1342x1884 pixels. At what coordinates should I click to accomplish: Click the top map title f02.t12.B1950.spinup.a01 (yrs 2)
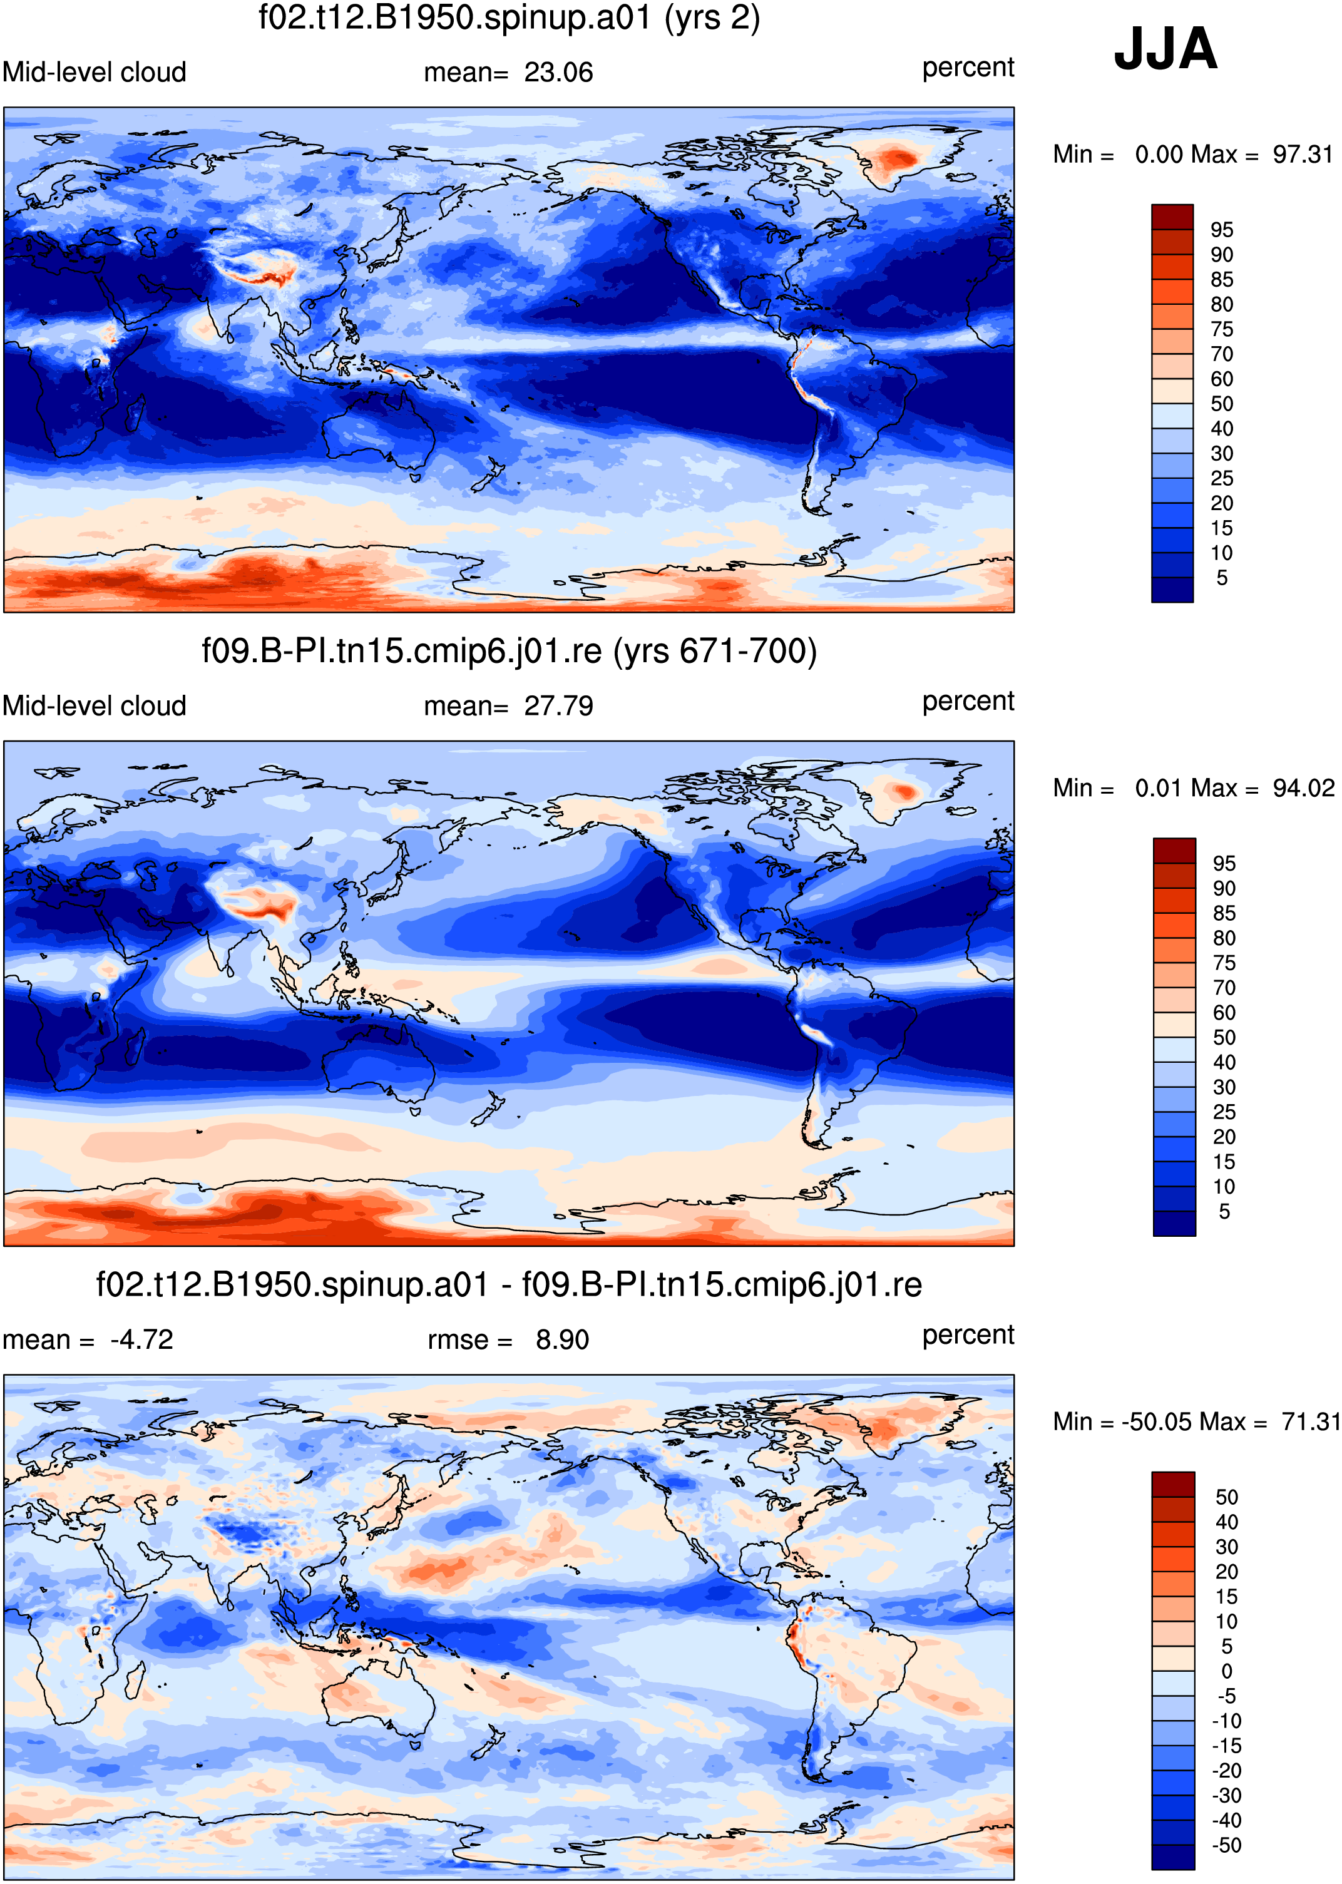pos(509,18)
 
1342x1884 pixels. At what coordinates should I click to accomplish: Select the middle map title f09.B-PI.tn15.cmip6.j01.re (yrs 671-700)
pos(509,651)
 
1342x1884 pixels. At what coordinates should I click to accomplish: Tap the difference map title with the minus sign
pos(509,1285)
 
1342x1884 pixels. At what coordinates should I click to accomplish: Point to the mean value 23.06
pos(558,73)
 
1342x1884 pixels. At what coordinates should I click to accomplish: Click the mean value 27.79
pos(558,707)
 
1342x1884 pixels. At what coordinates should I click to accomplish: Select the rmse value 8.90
pos(562,1339)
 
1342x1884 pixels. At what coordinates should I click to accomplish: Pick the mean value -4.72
pos(141,1339)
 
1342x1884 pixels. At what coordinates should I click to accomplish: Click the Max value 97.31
pos(1303,155)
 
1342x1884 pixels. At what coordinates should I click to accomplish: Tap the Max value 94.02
pos(1303,788)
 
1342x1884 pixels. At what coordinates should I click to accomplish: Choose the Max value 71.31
pos(1310,1421)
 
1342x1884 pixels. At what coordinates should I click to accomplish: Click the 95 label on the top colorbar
pos(1221,230)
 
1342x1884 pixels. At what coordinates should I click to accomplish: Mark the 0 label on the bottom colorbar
pos(1226,1671)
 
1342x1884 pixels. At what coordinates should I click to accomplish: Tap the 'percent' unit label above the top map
pos(968,68)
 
